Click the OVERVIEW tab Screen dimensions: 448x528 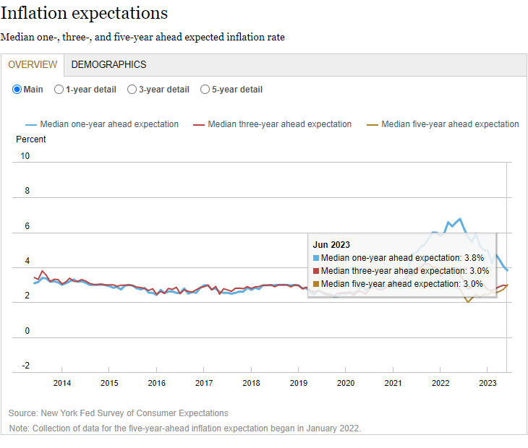[33, 64]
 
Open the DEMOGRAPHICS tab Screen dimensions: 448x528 [108, 64]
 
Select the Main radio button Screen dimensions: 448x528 [18, 90]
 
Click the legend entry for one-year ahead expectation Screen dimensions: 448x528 [108, 124]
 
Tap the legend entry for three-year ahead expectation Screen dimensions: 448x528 [279, 124]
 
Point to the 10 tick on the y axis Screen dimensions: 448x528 [25, 156]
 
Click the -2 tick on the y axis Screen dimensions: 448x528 [25, 366]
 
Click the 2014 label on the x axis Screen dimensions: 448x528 [62, 383]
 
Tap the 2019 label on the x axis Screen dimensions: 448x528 [299, 383]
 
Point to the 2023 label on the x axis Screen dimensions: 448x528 [487, 383]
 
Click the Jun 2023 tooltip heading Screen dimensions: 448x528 [331, 244]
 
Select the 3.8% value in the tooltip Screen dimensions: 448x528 [473, 257]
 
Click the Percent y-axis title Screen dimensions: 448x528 [31, 139]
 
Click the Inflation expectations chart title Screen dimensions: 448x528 [85, 13]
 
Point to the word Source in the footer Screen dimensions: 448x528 [23, 413]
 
